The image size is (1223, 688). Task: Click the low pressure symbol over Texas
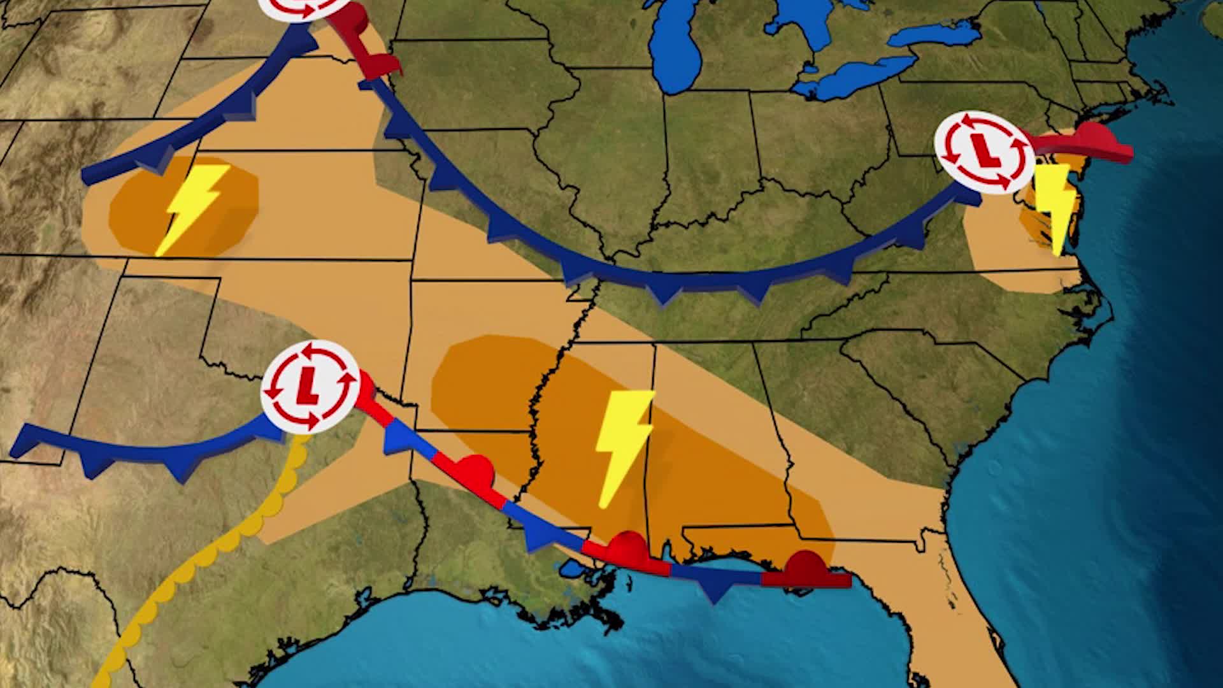tap(310, 386)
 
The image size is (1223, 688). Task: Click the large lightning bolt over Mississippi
tap(622, 446)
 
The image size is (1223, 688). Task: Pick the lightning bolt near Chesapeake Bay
tap(1054, 204)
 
